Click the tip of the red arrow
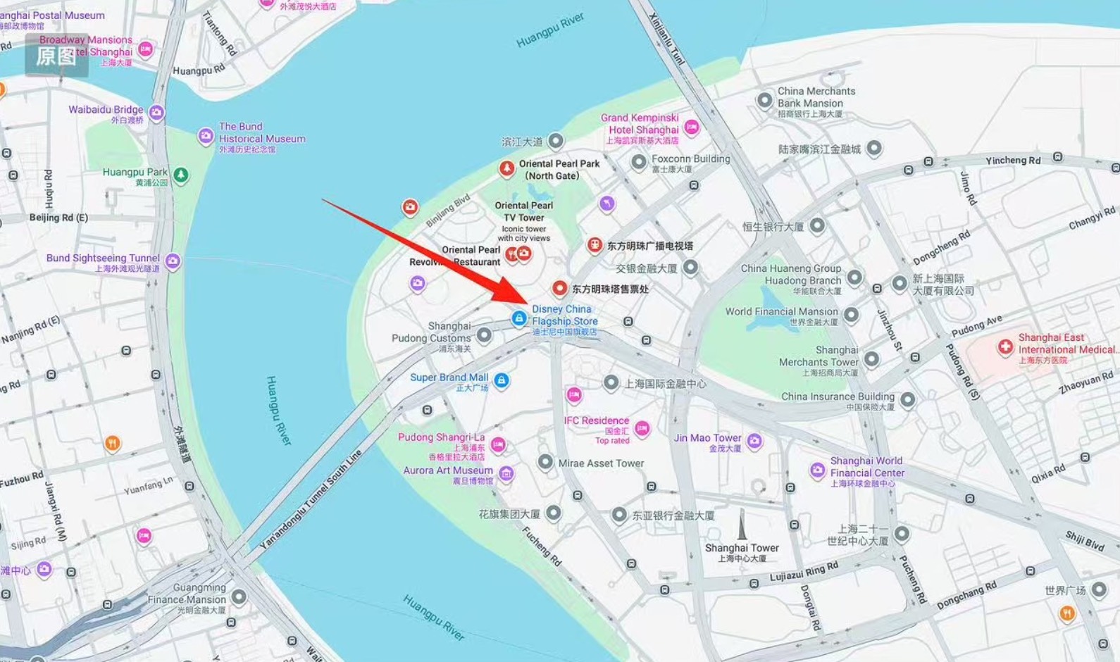[527, 303]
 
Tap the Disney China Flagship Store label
[564, 316]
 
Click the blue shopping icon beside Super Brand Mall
[501, 380]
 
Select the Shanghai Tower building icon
[742, 525]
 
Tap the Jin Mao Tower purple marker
[754, 441]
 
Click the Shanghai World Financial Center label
[866, 467]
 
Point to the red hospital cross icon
[1005, 346]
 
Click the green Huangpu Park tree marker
[181, 174]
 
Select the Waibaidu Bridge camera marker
[156, 112]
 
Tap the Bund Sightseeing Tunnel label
[103, 258]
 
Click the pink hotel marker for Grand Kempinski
[692, 127]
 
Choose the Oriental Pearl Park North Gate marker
[506, 168]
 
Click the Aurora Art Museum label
[448, 470]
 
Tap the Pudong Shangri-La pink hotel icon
[498, 444]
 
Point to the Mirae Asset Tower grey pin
[545, 462]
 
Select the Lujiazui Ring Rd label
[804, 572]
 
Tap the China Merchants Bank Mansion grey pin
[764, 100]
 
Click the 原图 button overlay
[56, 56]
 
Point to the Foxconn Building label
[690, 159]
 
